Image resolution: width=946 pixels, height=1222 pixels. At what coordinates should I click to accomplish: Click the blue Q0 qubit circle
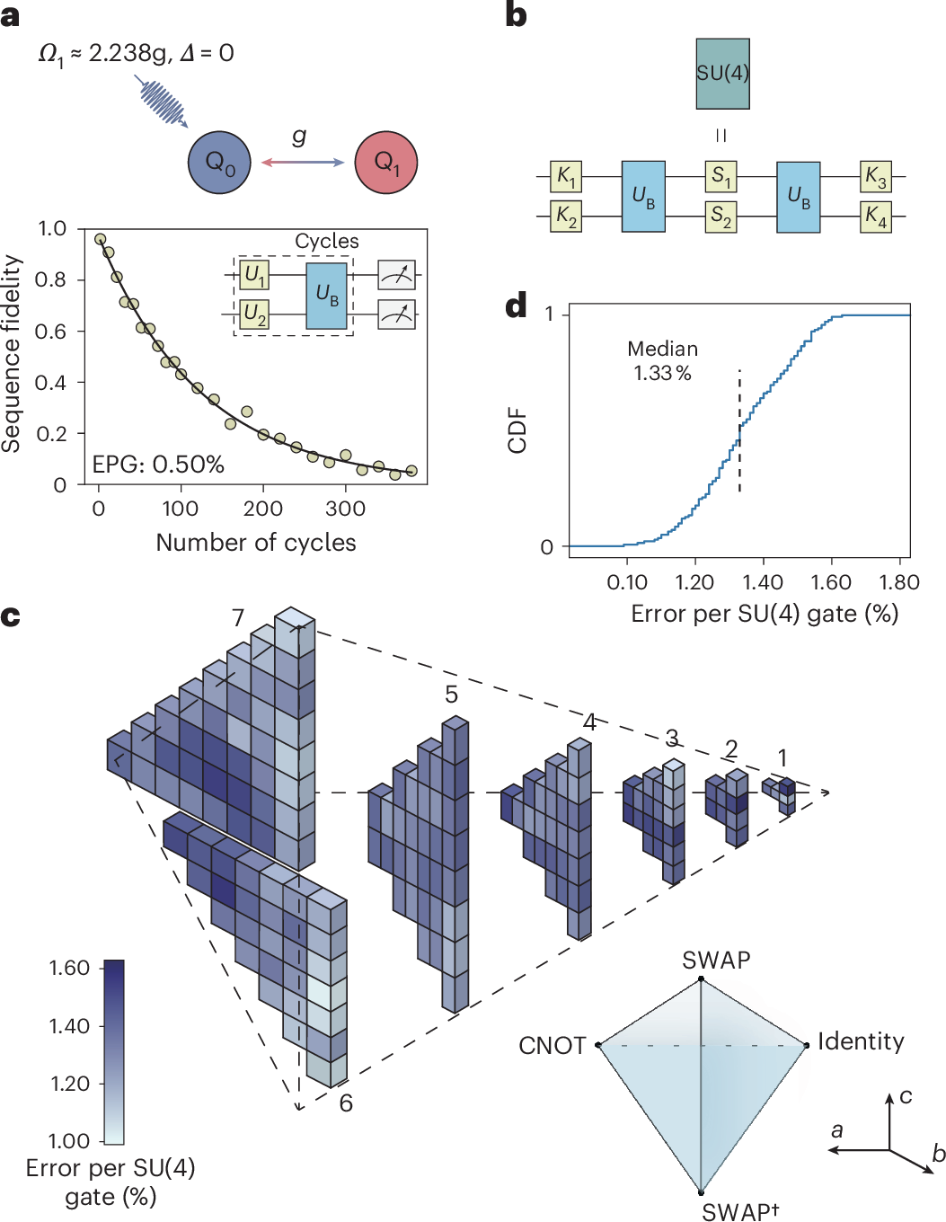[218, 163]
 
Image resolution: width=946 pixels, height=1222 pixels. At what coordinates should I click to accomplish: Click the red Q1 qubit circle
[386, 163]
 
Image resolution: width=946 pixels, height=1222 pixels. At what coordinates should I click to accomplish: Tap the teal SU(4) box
[722, 74]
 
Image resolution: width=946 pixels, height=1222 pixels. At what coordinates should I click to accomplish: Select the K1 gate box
[566, 176]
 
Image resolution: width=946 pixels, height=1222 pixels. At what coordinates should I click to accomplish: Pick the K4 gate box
[875, 216]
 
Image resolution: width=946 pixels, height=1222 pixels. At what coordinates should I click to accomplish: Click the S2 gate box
[721, 216]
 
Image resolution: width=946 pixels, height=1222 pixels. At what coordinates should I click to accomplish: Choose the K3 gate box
[875, 176]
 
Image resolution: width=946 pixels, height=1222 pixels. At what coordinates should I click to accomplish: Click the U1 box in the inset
[254, 274]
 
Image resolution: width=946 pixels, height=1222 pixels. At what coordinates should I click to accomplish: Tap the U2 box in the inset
[254, 314]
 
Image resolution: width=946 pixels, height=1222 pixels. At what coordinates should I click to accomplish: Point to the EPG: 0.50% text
[158, 464]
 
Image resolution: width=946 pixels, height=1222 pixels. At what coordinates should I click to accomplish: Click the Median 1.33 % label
[662, 360]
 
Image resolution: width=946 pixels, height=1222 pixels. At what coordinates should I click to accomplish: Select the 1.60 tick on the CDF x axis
[830, 582]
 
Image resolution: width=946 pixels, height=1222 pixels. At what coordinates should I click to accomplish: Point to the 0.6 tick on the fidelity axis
[50, 332]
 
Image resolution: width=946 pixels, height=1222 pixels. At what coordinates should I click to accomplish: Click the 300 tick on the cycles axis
[345, 509]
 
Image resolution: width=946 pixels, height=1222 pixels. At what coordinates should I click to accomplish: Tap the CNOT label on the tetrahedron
[552, 1046]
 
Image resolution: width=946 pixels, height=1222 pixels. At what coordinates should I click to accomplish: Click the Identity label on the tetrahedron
[860, 1041]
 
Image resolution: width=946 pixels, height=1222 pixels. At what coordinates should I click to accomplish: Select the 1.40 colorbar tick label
[70, 1026]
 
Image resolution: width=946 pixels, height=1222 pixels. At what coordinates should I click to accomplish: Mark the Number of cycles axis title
[256, 543]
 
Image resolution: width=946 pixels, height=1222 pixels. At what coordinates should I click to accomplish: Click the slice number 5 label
[451, 694]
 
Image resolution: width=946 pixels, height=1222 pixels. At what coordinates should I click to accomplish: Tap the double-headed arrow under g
[303, 163]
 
